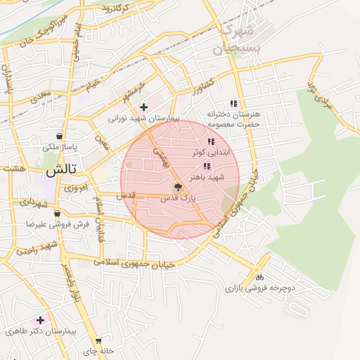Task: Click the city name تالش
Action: click(60, 171)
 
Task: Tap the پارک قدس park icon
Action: click(178, 188)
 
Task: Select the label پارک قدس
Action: click(178, 199)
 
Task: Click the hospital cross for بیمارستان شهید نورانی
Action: click(143, 108)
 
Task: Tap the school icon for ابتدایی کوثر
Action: click(211, 142)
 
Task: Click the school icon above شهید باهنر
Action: click(206, 167)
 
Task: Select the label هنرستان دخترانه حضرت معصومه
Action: click(233, 118)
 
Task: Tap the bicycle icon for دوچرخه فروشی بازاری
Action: click(259, 276)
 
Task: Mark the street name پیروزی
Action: click(76, 188)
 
